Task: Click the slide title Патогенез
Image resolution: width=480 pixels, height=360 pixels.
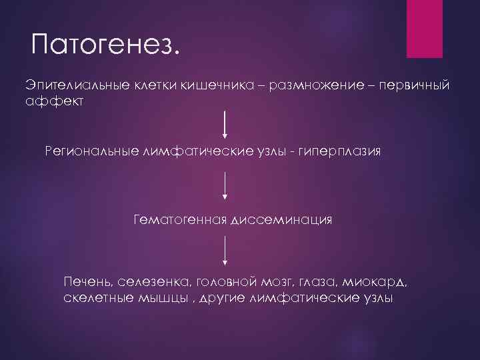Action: tap(105, 46)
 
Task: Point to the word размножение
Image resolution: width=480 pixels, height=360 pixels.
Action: tap(315, 86)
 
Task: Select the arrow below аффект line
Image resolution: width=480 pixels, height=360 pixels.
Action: tap(225, 125)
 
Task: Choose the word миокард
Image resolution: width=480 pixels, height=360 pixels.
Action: tap(375, 281)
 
